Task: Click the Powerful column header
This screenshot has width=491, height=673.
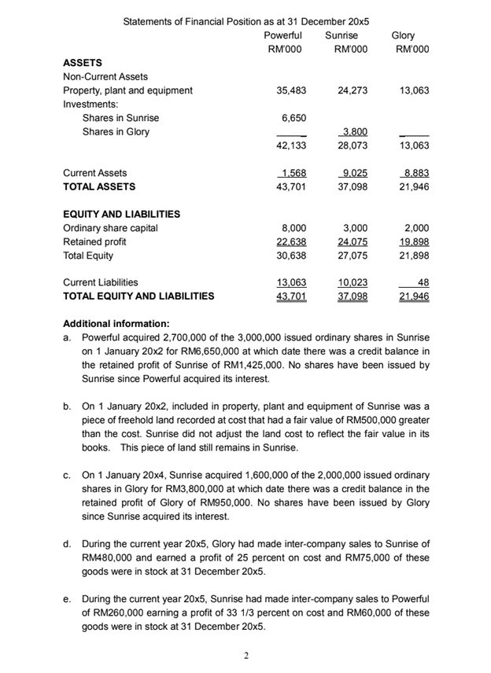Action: pyautogui.click(x=282, y=35)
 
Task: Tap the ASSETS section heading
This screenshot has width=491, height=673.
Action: pyautogui.click(x=82, y=63)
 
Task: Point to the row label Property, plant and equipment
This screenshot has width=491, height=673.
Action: pyautogui.click(x=127, y=90)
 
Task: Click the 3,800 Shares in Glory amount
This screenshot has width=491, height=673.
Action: pyautogui.click(x=356, y=131)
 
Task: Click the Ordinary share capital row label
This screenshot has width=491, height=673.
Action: pyautogui.click(x=110, y=228)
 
